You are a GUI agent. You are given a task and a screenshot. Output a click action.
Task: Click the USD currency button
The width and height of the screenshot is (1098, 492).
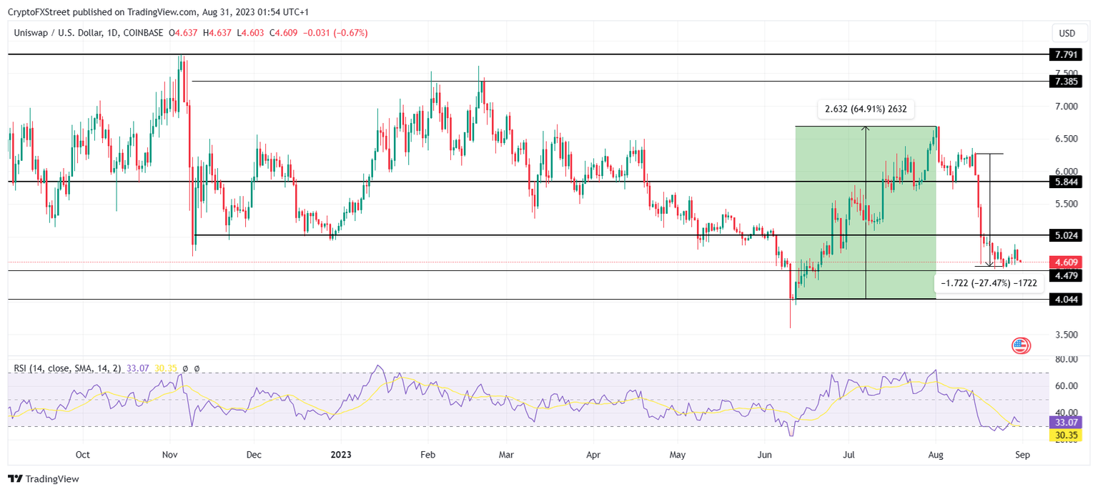pos(1067,34)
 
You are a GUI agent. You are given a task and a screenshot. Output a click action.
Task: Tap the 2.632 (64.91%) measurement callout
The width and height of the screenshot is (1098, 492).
pos(866,109)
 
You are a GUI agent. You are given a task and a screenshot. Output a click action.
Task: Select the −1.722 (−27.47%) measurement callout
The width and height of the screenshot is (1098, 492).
pos(989,283)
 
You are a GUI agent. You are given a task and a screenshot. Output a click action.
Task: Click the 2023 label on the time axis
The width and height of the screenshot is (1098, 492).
pos(341,455)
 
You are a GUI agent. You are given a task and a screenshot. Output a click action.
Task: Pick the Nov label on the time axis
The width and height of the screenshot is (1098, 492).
pos(170,455)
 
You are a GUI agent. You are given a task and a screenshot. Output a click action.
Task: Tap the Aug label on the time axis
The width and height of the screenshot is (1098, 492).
pos(936,455)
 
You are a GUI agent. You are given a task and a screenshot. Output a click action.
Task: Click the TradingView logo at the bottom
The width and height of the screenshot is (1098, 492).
pos(44,478)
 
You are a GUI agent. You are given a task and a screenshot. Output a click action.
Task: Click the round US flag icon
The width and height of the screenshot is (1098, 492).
pos(1021,346)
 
